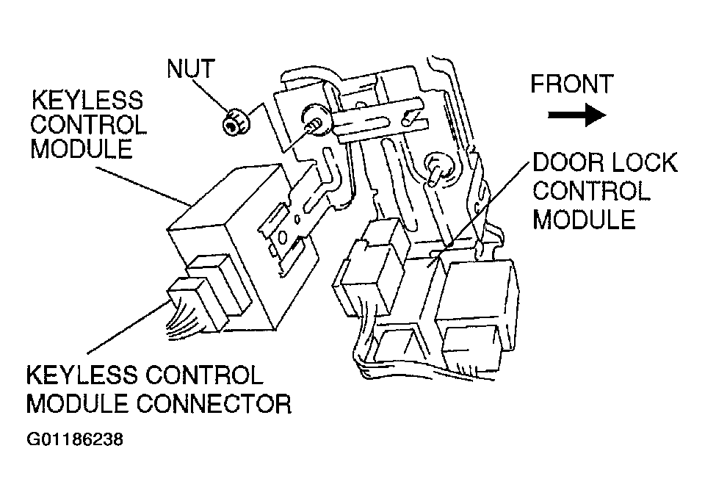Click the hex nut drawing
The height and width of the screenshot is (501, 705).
[234, 121]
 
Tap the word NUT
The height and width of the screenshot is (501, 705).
[190, 69]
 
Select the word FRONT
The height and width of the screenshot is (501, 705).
[571, 84]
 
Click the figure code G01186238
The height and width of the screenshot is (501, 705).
[74, 441]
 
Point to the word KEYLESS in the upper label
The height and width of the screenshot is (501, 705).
[86, 100]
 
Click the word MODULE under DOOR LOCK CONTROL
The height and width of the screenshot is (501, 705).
[584, 219]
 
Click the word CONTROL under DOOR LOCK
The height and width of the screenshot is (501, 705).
[591, 191]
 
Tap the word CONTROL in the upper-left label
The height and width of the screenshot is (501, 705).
[88, 124]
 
